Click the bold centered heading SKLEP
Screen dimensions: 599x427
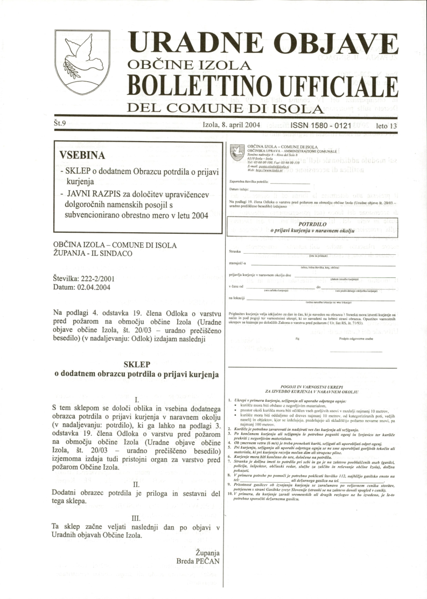click(x=137, y=364)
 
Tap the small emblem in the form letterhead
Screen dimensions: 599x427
click(x=237, y=152)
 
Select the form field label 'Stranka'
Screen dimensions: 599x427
click(x=235, y=252)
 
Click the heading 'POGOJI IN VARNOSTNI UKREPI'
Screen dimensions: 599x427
click(x=312, y=387)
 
